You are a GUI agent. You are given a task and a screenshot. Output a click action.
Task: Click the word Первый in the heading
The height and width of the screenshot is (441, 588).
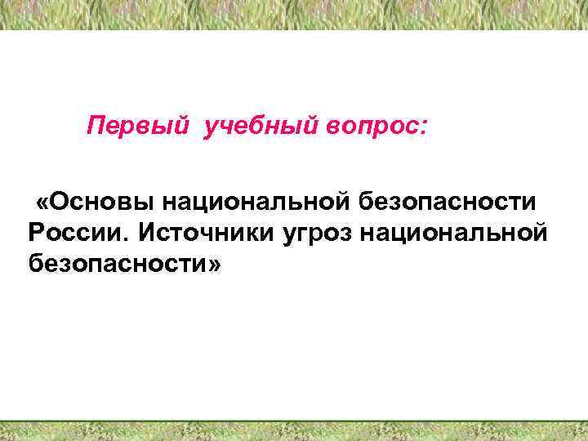pos(138,127)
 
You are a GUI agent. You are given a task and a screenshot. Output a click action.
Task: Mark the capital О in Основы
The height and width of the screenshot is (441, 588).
pos(58,201)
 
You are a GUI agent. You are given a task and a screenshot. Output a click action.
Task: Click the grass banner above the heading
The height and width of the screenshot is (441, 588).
pos(294,15)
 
